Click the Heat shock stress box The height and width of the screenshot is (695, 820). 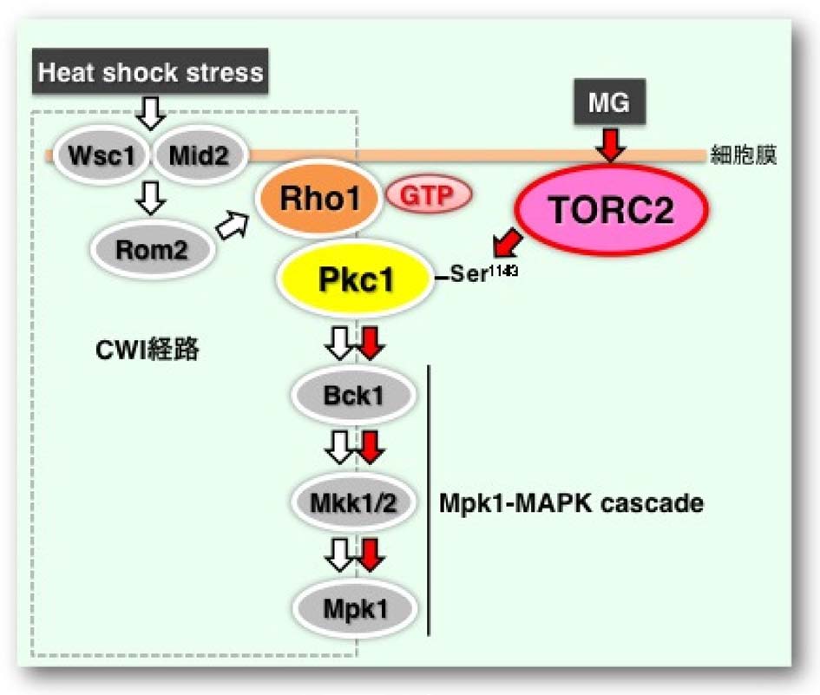[x=150, y=72]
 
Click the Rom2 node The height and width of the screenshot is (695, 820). [x=153, y=251]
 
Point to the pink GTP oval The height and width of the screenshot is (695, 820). [x=427, y=194]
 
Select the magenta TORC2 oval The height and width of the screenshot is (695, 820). [x=612, y=212]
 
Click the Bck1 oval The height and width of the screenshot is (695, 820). [x=354, y=397]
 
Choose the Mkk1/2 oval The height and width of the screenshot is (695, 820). [x=354, y=502]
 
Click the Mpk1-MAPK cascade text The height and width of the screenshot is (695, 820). [x=570, y=503]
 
